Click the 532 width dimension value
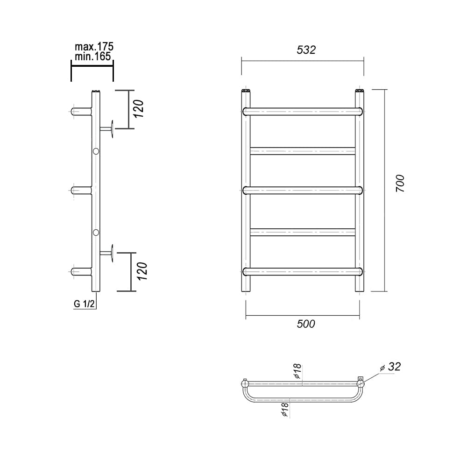306,50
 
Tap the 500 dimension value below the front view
306,324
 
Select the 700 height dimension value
400,183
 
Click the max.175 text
94,47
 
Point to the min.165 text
93,57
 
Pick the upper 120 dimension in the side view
139,109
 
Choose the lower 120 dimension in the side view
142,271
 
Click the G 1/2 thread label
84,304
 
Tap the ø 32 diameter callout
390,367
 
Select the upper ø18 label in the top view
297,371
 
